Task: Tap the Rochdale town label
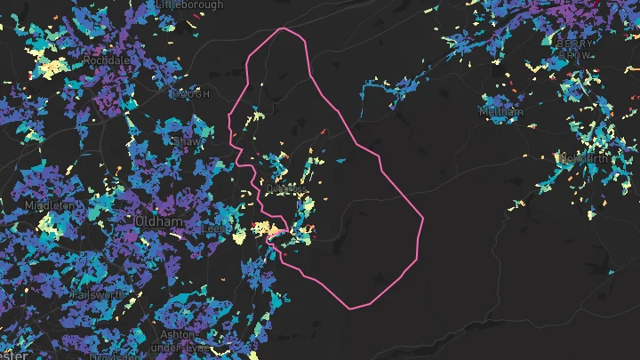pyautogui.click(x=106, y=60)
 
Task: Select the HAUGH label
pyautogui.click(x=191, y=93)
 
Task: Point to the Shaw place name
pyautogui.click(x=188, y=140)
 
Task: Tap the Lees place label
pyautogui.click(x=213, y=228)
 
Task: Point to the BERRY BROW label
pyautogui.click(x=574, y=47)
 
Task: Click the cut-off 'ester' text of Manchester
pyautogui.click(x=15, y=355)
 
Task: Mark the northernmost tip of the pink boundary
pyautogui.click(x=284, y=28)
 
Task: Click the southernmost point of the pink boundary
pyautogui.click(x=351, y=309)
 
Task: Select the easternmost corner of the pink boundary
pyautogui.click(x=423, y=218)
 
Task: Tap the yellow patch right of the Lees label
pyautogui.click(x=238, y=236)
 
